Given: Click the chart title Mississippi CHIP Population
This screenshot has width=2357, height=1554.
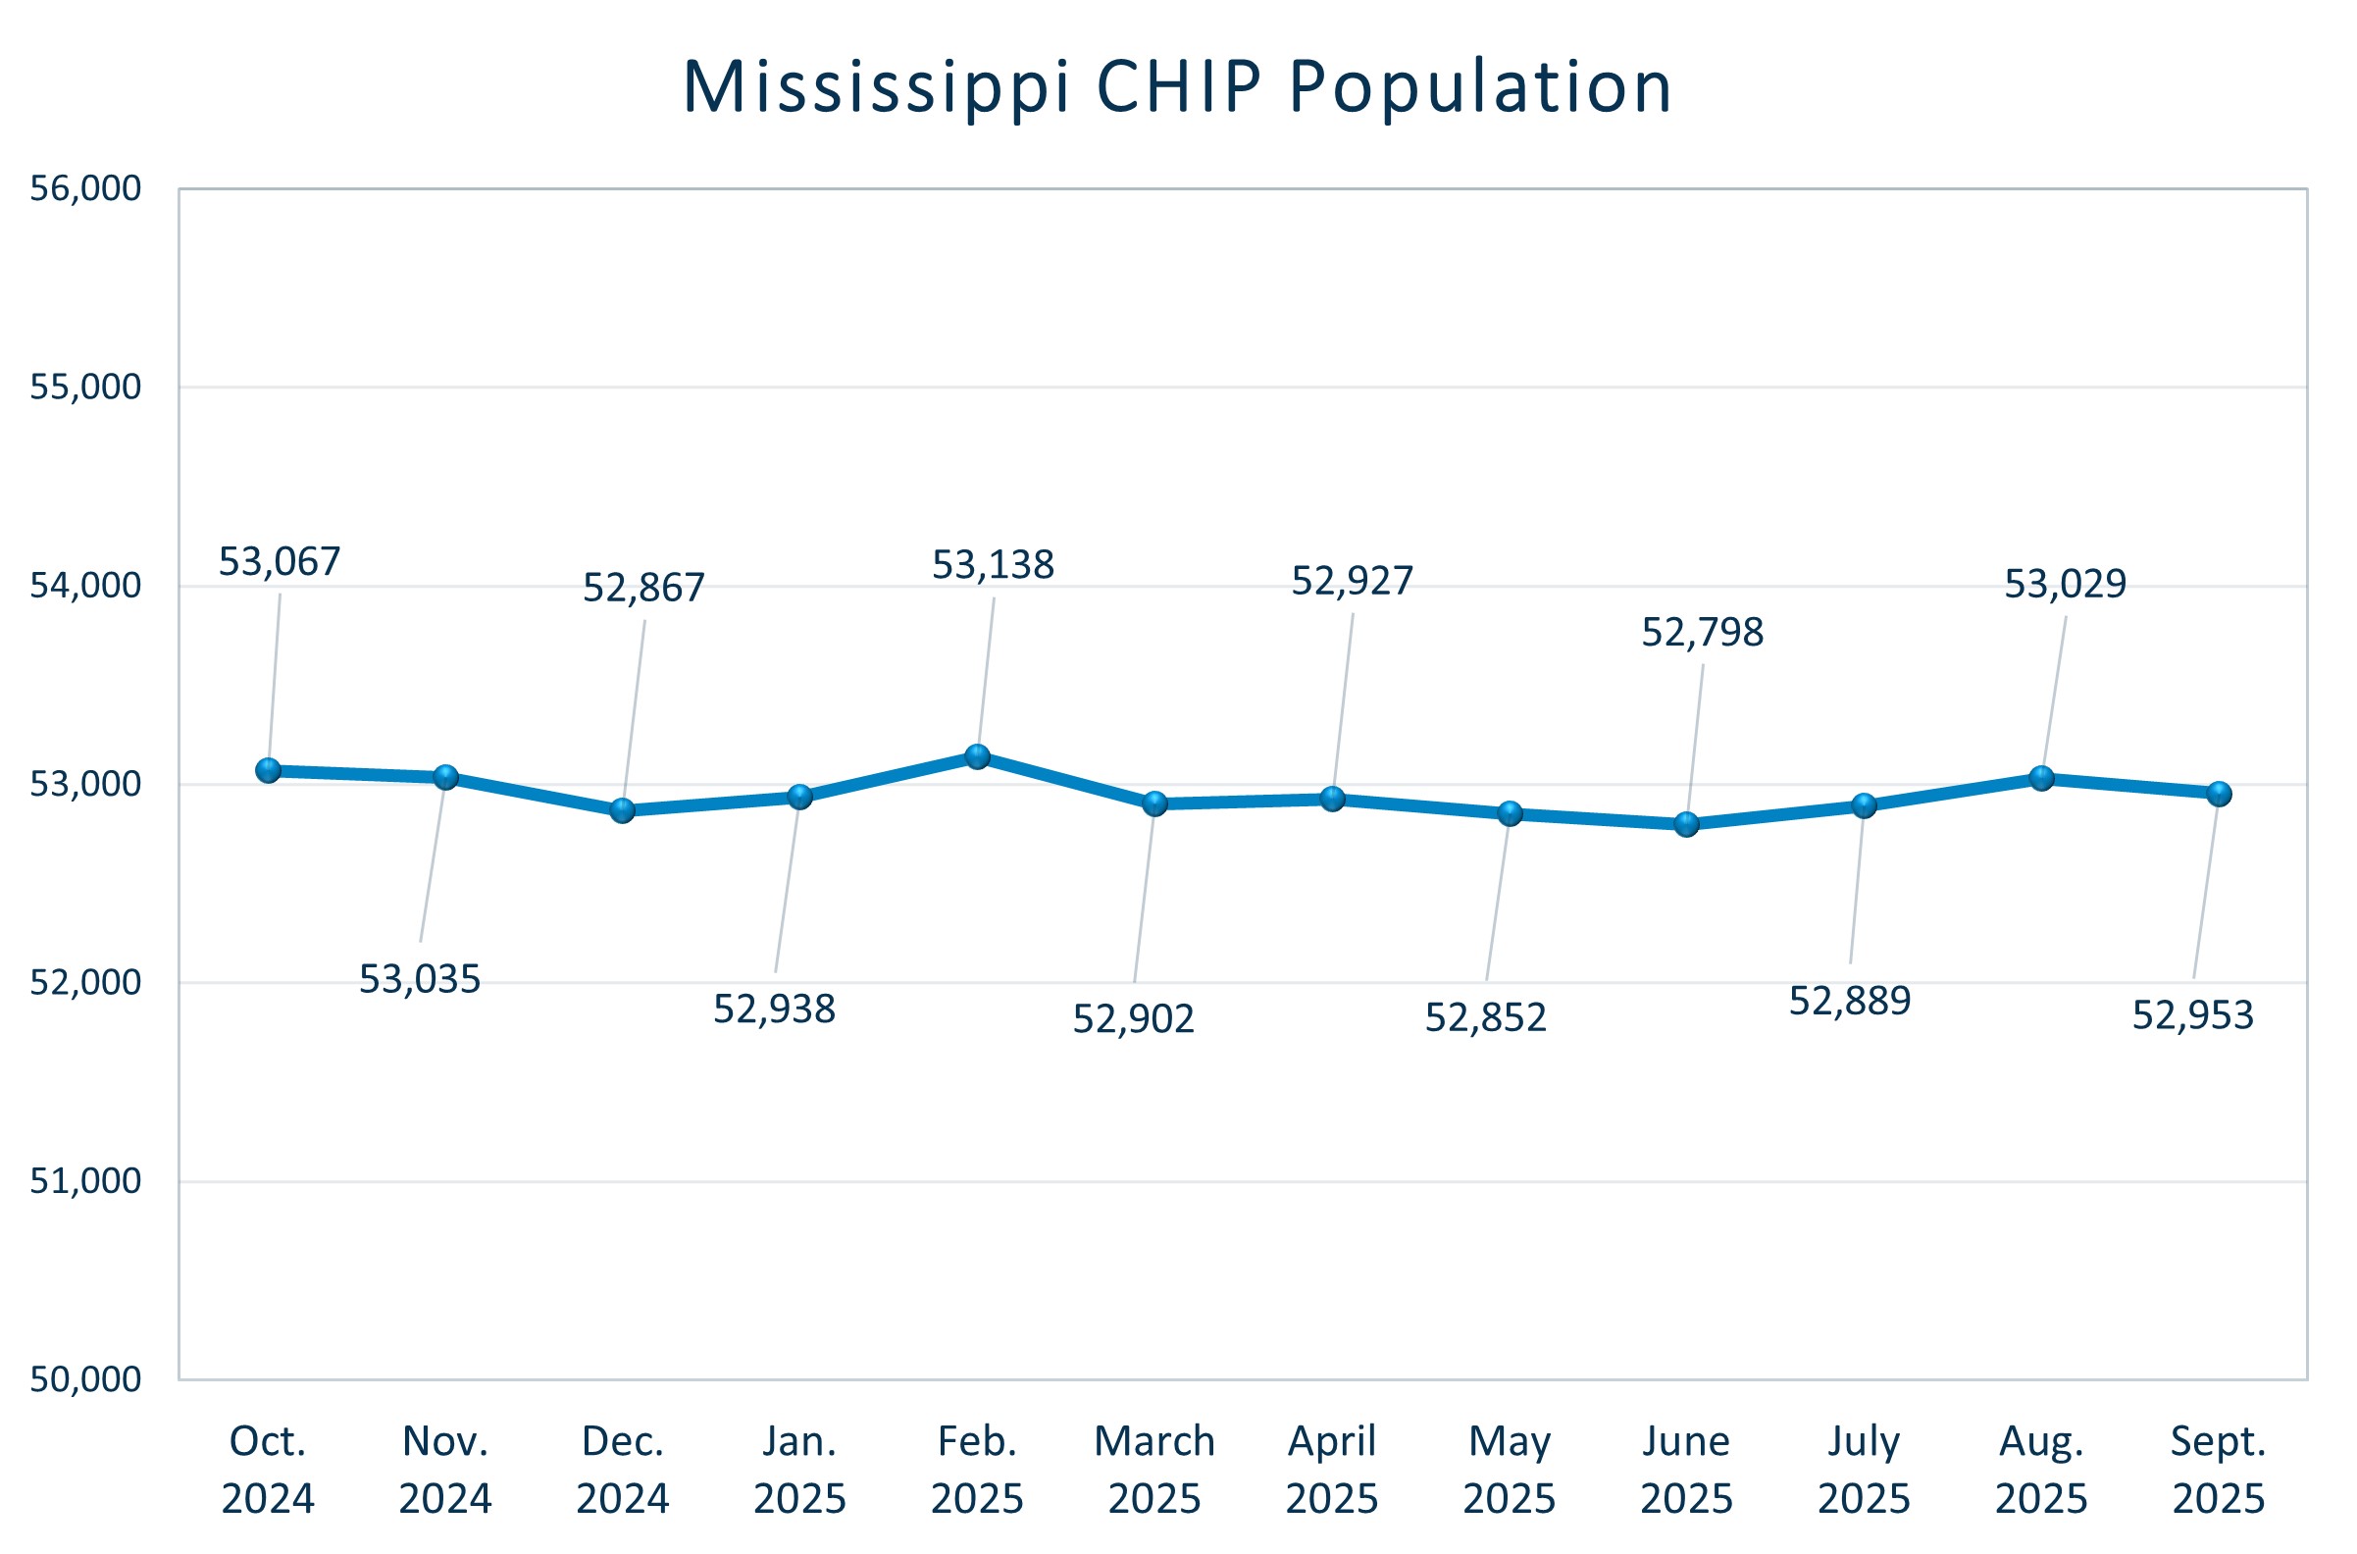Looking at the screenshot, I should point(1177,87).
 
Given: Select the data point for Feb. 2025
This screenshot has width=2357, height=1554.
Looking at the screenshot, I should point(978,757).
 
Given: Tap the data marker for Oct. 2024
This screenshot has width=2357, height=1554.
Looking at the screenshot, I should point(269,770).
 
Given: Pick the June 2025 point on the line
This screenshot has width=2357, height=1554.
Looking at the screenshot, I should point(1686,823).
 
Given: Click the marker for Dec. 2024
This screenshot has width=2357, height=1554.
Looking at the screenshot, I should point(622,810).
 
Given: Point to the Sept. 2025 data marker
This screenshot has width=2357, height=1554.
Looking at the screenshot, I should point(2220,794).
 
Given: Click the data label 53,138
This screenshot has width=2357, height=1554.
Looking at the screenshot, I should point(993,566).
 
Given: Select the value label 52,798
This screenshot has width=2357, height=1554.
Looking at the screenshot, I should point(1702,634).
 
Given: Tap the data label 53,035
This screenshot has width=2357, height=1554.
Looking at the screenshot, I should point(419,980).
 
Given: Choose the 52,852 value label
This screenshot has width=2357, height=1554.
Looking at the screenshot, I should point(1485,1018).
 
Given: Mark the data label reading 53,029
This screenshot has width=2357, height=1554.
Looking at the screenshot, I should point(2065,585).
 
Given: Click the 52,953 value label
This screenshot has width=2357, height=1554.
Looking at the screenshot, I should point(2192,1015).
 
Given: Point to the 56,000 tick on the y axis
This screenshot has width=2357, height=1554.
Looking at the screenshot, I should point(85,188).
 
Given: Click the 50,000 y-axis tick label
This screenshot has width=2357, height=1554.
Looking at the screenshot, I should point(85,1379).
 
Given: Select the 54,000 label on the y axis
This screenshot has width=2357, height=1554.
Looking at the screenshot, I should point(85,586).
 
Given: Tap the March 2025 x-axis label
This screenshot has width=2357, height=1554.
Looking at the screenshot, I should point(1154,1470).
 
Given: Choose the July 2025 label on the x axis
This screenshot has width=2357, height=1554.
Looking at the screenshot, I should point(1864,1470).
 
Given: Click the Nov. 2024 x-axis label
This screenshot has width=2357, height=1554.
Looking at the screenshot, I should point(445,1470).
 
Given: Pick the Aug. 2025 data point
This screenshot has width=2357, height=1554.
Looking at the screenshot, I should point(2042,778).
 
